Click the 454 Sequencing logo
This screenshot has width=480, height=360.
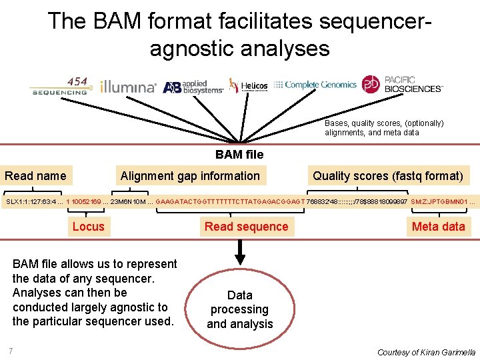pyautogui.click(x=59, y=87)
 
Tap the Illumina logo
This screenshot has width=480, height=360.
pyautogui.click(x=128, y=87)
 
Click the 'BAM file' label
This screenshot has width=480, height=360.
pyautogui.click(x=239, y=155)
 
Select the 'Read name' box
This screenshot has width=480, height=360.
pyautogui.click(x=36, y=176)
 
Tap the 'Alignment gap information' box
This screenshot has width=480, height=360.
pyautogui.click(x=190, y=176)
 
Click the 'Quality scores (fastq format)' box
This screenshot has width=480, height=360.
pyautogui.click(x=387, y=176)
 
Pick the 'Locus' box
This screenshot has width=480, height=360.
pyautogui.click(x=88, y=227)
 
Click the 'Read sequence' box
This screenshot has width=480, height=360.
pyautogui.click(x=246, y=227)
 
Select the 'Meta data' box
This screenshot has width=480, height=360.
pyautogui.click(x=438, y=227)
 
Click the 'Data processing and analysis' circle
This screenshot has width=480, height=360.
pyautogui.click(x=240, y=309)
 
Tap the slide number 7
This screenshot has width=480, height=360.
pyautogui.click(x=11, y=351)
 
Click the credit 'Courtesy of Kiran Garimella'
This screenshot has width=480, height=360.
pyautogui.click(x=426, y=352)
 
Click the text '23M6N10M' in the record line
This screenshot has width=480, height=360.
pyautogui.click(x=129, y=201)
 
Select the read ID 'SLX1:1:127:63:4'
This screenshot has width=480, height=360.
pyautogui.click(x=31, y=201)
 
